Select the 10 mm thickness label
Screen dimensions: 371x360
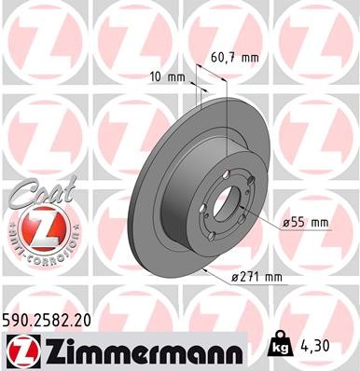point(168,76)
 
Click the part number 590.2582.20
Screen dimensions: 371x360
point(53,319)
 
